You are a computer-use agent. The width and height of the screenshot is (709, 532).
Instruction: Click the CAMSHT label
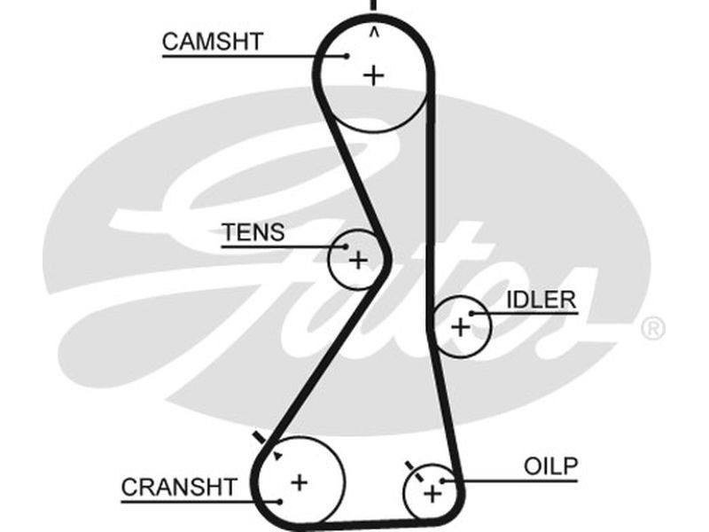click(213, 41)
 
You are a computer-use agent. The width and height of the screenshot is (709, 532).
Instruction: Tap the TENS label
click(253, 232)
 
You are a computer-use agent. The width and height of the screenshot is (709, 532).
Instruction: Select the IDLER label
click(541, 300)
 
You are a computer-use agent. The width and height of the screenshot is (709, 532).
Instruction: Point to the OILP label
click(550, 466)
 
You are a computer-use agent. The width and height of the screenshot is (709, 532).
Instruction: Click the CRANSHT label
click(179, 487)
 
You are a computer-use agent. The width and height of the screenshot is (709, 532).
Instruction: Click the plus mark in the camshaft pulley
click(374, 75)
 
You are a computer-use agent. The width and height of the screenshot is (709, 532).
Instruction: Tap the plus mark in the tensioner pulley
click(357, 261)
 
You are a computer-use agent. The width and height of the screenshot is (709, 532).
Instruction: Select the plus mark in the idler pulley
click(460, 327)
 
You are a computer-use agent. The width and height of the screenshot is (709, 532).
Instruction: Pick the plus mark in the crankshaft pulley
click(300, 482)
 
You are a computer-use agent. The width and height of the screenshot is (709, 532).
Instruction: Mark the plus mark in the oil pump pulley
click(432, 493)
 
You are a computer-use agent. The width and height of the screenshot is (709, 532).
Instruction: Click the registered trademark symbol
click(651, 329)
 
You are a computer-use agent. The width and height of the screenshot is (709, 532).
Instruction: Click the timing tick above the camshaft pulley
click(373, 4)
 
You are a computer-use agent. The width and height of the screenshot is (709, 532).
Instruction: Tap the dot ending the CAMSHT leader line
click(347, 56)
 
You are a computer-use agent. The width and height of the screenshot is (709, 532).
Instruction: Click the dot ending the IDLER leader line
click(473, 313)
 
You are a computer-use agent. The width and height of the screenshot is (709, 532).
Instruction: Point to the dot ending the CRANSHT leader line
click(279, 502)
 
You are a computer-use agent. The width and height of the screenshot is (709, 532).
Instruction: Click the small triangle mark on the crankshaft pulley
click(277, 456)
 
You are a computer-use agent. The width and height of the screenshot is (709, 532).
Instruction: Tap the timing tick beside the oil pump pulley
click(409, 465)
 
